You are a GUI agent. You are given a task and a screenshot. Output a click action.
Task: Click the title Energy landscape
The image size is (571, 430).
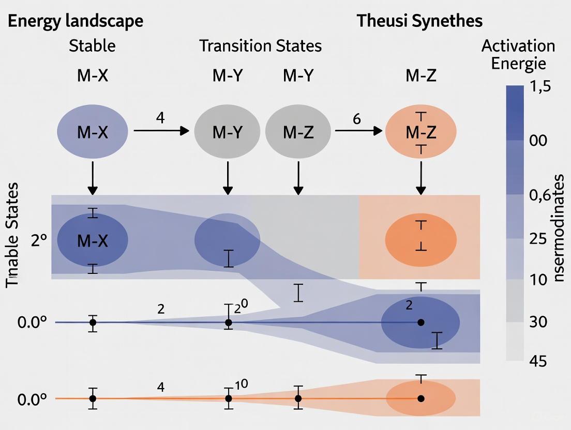pos(76,21)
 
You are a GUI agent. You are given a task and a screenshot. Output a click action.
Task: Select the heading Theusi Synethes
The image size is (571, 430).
pos(419,21)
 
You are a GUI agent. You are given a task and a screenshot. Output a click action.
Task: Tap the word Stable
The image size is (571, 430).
pos(92,46)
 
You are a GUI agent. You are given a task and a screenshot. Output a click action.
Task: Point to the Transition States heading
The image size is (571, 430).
pos(261,46)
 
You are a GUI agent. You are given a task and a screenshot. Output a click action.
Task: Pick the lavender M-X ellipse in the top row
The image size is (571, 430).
pos(93,132)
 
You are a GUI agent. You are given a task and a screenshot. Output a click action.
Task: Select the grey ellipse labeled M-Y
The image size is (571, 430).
pos(227,132)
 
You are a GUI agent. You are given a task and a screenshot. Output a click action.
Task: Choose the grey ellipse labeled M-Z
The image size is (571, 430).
pos(298,132)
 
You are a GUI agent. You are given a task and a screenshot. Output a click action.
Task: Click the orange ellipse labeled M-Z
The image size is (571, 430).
pos(420,132)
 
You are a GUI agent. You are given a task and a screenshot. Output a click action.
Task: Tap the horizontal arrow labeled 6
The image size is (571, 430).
pos(358,131)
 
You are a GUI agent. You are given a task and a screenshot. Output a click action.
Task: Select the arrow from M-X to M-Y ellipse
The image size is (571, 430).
pos(161,131)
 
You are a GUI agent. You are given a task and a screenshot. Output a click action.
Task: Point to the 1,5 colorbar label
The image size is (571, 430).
pos(540,87)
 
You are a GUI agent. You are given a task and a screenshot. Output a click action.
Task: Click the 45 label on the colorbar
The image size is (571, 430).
pos(539,361)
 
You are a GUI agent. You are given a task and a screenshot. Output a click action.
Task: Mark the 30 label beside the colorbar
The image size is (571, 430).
pos(539,322)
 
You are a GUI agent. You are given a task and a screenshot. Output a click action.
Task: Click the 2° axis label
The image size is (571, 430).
pos(39,241)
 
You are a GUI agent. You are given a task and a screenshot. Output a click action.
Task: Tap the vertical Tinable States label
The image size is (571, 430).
pos(12,235)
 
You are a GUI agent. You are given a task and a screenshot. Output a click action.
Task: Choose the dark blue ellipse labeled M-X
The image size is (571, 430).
pos(93,240)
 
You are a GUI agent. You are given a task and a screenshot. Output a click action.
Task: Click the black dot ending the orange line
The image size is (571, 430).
pos(421,398)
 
